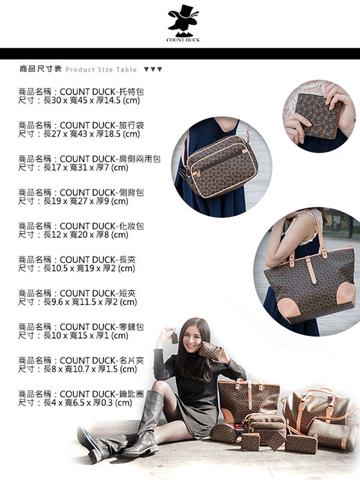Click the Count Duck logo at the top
pos(183,23)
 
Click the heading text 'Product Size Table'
pos(101,70)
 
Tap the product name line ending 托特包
pos(81,91)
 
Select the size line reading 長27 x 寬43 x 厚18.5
pos(78,134)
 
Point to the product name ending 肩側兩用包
pos(89,159)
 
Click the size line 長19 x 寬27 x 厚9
pos(73,201)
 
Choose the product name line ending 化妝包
pos(81,226)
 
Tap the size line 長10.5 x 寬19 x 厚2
pos(76,268)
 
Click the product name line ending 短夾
pos(76,293)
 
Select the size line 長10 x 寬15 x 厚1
pos(73,335)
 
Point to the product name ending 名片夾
pos(81,360)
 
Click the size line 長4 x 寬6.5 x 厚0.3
pos(75,402)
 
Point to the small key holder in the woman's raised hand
pos(174,337)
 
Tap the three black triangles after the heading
pos(153,69)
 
